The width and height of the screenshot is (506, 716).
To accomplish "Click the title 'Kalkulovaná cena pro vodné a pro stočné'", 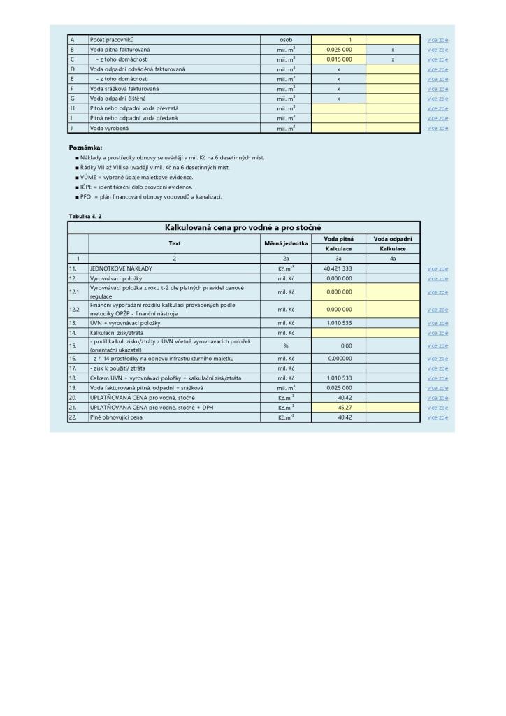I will pyautogui.click(x=244, y=227).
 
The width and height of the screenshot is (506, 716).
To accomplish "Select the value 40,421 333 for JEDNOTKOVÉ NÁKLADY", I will pyautogui.click(x=338, y=268).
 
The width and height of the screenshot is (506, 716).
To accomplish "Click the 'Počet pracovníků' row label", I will pyautogui.click(x=112, y=40).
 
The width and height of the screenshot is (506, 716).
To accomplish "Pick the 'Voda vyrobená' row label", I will pyautogui.click(x=108, y=128).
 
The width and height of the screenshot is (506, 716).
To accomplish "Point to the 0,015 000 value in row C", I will pyautogui.click(x=339, y=59).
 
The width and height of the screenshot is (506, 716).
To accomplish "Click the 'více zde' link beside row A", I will pyautogui.click(x=438, y=40).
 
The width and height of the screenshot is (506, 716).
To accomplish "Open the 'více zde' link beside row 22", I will pyautogui.click(x=438, y=417).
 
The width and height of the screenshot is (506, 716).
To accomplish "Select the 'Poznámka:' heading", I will pyautogui.click(x=85, y=148).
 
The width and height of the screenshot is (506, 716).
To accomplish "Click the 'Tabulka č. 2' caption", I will pyautogui.click(x=85, y=217).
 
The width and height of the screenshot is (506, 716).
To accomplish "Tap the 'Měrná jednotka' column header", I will pyautogui.click(x=286, y=243).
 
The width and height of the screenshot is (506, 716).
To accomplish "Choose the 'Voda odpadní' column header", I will pyautogui.click(x=393, y=238).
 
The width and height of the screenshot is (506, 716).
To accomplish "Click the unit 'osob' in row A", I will pyautogui.click(x=286, y=40).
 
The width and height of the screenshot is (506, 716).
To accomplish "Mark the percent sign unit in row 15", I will pyautogui.click(x=286, y=345).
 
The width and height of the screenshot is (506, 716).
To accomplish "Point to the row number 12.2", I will pyautogui.click(x=75, y=309).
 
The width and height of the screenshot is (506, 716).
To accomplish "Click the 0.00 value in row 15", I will pyautogui.click(x=345, y=345).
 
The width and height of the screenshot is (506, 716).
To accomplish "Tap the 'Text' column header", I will pyautogui.click(x=175, y=243).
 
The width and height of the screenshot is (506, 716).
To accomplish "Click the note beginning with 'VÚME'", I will pyautogui.click(x=136, y=178).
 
